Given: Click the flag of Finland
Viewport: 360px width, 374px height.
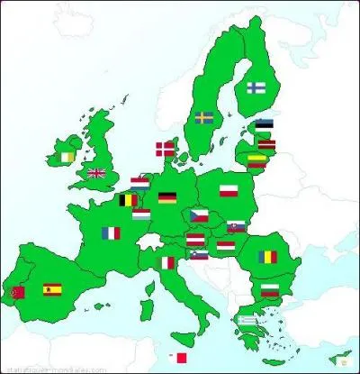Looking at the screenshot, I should (x=256, y=88).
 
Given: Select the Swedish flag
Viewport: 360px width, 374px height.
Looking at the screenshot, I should (x=204, y=117).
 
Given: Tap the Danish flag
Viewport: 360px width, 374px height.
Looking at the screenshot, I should (x=166, y=149).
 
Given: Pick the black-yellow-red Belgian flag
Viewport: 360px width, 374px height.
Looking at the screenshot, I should (x=129, y=200).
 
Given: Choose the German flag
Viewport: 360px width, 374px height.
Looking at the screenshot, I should (x=167, y=196).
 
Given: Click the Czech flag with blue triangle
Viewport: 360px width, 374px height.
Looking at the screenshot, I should (x=199, y=215).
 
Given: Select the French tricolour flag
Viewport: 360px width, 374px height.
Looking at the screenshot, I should (x=111, y=233).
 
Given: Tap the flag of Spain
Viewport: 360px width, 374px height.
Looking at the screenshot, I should (x=52, y=289).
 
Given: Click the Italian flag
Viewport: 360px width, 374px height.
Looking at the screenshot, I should (x=165, y=263).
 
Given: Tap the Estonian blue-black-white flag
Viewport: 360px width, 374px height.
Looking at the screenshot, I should (x=264, y=126).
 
